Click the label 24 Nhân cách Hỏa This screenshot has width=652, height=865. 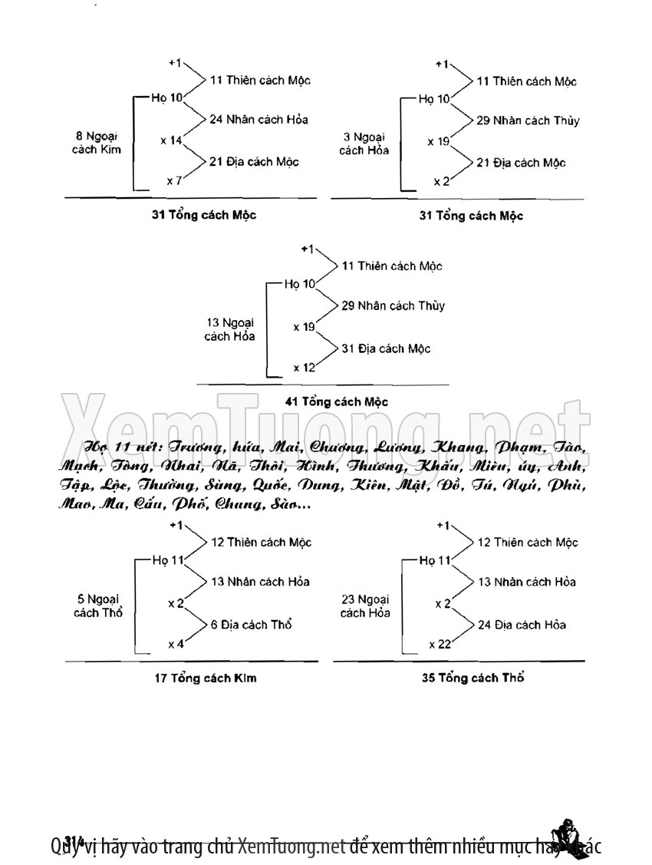click(253, 120)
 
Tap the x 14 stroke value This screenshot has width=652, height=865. click(171, 140)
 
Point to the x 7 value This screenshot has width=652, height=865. click(174, 181)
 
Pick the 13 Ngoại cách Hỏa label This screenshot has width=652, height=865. click(230, 329)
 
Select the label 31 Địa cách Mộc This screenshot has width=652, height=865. click(386, 348)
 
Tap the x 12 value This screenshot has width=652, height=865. click(305, 368)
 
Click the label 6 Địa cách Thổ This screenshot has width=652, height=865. click(251, 625)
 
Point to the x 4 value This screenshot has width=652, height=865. click(176, 644)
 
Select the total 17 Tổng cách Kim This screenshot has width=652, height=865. click(205, 678)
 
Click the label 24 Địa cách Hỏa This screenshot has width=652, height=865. click(522, 625)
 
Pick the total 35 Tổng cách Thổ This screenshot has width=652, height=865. click(473, 678)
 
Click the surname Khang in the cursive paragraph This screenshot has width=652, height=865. click(459, 447)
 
